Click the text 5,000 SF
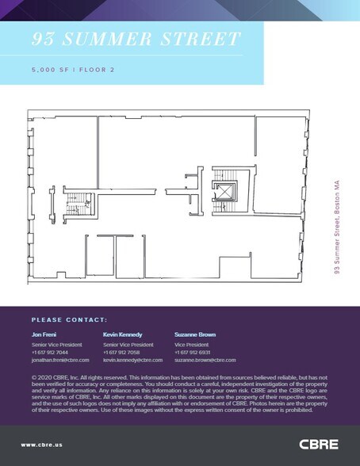coord(48,70)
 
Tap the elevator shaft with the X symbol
coord(221,190)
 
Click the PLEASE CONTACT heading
coord(69,319)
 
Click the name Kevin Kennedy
coord(122,334)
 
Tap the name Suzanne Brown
coord(194,334)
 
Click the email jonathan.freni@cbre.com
coord(60,360)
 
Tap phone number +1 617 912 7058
coord(121,352)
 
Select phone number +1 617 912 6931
coord(192,352)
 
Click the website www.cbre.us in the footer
coord(43,445)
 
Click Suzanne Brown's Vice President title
coord(190,344)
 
